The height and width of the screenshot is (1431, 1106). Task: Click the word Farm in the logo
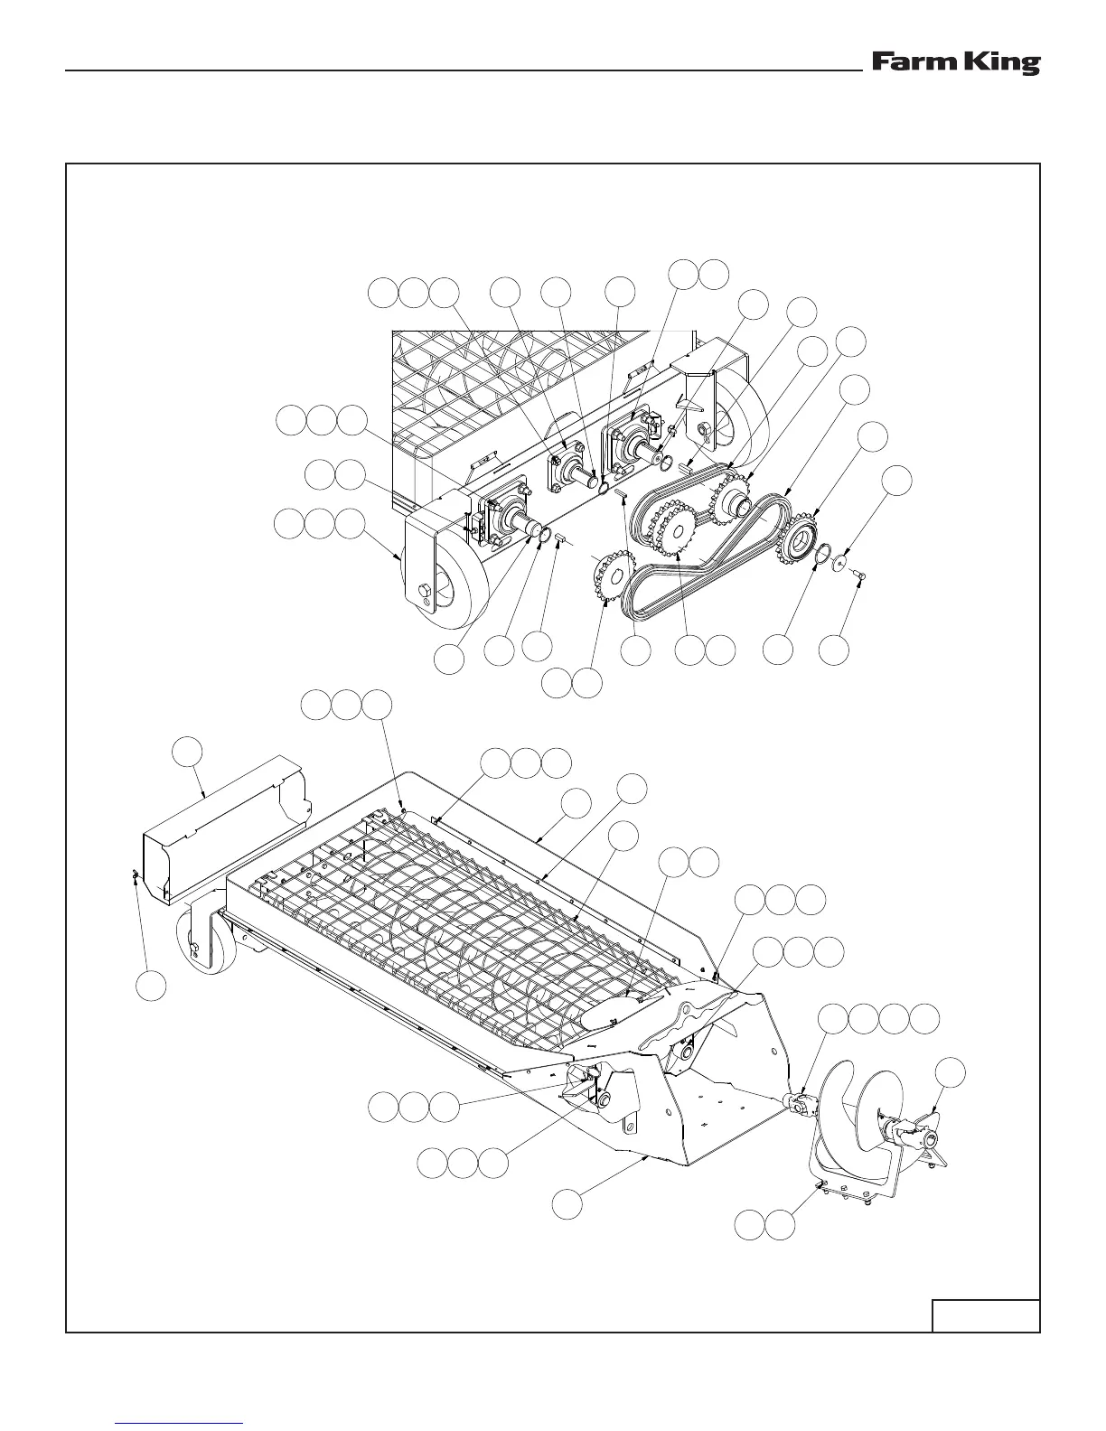(904, 63)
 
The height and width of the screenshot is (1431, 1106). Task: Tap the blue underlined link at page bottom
(180, 1423)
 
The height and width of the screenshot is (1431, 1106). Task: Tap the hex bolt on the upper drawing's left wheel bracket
(424, 594)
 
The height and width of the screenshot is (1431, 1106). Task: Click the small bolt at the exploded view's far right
(858, 575)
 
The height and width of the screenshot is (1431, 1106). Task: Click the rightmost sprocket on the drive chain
(799, 540)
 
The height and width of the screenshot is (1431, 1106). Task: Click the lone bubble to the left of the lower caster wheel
(152, 986)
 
